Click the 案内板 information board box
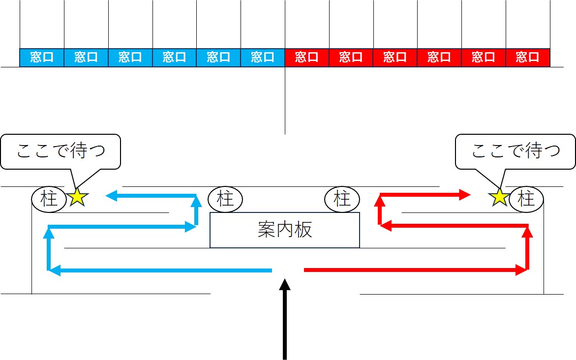285,230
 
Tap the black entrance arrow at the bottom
284,320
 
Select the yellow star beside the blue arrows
78,198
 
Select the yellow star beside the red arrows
500,198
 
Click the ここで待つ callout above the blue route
61,151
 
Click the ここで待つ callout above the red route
515,151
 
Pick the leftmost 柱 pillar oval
49,199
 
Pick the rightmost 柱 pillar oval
526,199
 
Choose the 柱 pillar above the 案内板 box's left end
226,199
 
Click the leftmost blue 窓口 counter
42,58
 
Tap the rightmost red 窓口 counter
528,58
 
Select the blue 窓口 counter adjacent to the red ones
263,58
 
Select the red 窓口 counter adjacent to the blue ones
307,58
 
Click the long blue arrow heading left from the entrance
162,270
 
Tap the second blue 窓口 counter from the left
86,58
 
